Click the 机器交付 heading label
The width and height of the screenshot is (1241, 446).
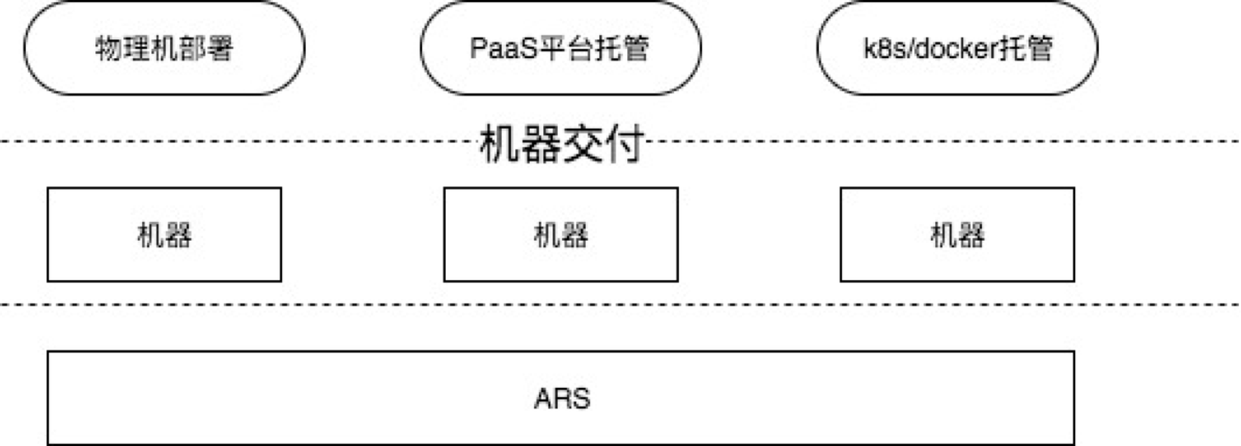(561, 144)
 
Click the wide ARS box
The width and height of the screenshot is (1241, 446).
(287, 398)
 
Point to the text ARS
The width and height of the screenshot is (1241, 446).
(562, 398)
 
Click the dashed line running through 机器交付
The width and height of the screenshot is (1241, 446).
(215, 141)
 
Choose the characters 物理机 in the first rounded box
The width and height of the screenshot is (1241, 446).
(129, 48)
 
